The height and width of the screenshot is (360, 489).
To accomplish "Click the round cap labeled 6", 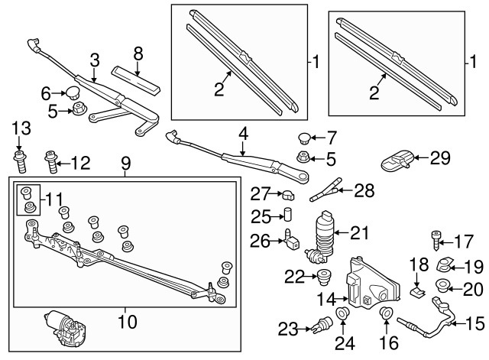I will (74, 95).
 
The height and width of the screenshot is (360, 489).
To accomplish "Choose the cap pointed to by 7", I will (303, 139).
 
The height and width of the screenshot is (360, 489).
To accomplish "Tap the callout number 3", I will (94, 60).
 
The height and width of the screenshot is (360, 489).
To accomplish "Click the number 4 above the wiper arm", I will (242, 134).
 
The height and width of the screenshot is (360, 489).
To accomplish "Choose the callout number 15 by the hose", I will (473, 323).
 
